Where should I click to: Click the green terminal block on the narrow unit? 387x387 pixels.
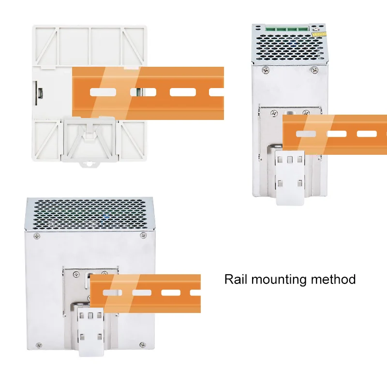(287, 28)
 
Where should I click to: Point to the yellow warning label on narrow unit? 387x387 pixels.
(319, 34)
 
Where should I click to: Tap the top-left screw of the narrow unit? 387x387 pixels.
(266, 71)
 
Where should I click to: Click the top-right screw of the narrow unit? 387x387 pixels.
(314, 70)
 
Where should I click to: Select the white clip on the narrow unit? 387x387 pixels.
(290, 178)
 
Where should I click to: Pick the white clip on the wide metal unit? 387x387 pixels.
(90, 332)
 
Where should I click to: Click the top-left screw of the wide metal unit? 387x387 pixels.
(37, 236)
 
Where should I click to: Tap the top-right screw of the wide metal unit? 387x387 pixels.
(143, 236)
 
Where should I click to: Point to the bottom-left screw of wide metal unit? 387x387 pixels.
(39, 345)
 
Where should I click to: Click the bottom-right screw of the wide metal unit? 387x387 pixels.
(142, 344)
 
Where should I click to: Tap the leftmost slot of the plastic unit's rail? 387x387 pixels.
(103, 92)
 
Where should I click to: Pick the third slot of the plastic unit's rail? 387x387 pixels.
(183, 92)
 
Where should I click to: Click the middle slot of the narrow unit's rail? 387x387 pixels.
(337, 134)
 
